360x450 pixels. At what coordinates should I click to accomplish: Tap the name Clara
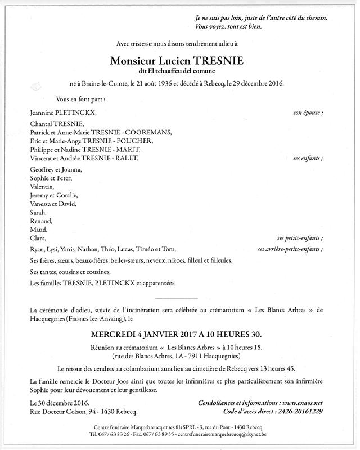pos(38,238)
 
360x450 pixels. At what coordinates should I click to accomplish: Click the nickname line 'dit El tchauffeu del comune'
pos(180,71)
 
